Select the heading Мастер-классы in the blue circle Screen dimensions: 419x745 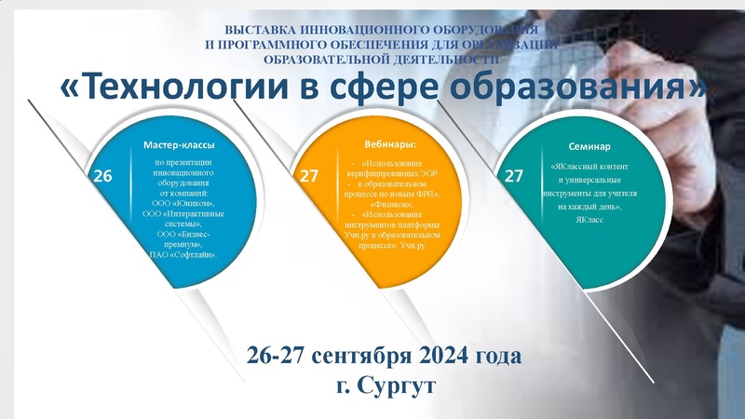[x=180, y=146]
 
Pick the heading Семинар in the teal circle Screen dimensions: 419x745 [x=589, y=147]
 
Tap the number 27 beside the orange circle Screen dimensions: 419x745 [x=308, y=175]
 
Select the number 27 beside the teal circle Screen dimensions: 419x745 [x=513, y=175]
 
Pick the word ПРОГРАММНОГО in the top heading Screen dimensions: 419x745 [x=278, y=44]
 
